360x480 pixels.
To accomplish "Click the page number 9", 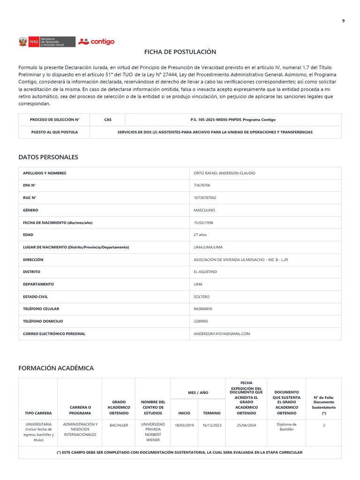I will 343,21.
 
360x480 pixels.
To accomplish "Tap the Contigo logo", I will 97,42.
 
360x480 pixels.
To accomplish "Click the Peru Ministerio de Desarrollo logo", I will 47,42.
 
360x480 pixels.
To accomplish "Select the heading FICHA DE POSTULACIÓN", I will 180,52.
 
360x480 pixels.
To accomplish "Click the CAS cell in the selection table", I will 108,120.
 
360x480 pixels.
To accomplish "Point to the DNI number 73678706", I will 202,186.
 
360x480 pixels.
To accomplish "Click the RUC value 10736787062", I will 205,198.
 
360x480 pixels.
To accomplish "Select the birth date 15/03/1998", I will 203,223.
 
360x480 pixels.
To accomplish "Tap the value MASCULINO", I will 204,210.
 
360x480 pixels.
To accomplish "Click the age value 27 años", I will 200,235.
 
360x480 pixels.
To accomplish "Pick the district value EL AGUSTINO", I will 205,272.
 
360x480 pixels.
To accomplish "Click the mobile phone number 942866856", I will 203,309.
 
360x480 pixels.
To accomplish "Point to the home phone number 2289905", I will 201,322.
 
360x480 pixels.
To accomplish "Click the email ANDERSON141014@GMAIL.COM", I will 222,334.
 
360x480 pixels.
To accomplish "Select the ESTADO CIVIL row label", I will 35,297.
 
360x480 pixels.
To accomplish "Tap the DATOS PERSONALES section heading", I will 48,157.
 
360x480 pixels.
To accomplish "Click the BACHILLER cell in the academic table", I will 119,425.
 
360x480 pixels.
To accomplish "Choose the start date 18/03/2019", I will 184,425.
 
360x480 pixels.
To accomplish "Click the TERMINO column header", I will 211,413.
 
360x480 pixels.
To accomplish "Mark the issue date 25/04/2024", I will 246,425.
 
